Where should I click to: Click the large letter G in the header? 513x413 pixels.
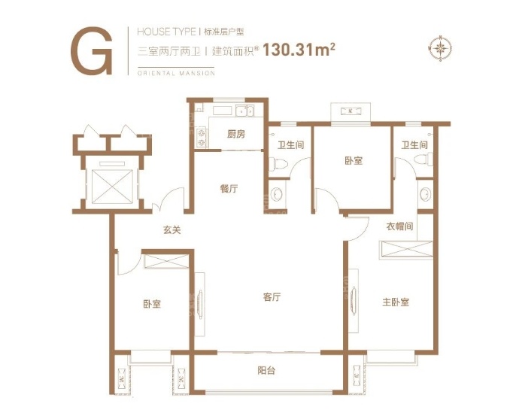click(93, 50)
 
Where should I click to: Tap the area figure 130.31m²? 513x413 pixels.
click(299, 50)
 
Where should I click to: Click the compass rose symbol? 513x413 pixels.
click(440, 48)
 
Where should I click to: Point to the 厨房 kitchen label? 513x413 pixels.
click(236, 134)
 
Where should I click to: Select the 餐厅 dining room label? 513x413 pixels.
click(229, 189)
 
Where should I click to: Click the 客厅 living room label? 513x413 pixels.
click(272, 297)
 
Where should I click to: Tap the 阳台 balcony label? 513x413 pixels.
click(266, 371)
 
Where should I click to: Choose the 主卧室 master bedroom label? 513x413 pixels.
click(396, 302)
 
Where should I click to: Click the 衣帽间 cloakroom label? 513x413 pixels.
click(399, 226)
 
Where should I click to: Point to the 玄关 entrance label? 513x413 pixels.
click(172, 230)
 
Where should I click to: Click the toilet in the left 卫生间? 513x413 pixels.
click(278, 163)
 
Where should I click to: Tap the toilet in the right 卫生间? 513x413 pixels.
click(423, 160)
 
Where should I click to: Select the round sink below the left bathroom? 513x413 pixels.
click(277, 194)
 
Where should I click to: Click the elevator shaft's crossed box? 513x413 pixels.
click(113, 187)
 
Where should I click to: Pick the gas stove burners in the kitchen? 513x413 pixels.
click(201, 138)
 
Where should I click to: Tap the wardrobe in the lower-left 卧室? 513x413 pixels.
click(167, 262)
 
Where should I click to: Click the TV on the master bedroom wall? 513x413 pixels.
click(354, 300)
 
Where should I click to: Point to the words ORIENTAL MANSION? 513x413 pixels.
click(176, 73)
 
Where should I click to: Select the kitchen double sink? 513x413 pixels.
click(244, 111)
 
